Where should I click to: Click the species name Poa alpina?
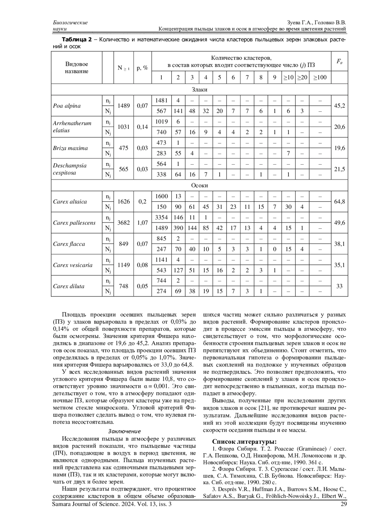tap(67, 106)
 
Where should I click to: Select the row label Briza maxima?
tap(70, 148)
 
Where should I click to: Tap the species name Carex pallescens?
tap(74, 223)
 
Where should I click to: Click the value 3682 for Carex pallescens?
tap(124, 223)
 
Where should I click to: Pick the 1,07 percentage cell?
tap(143, 223)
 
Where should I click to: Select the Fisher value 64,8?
tap(339, 202)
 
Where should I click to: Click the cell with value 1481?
tap(161, 100)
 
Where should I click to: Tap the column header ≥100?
tap(320, 78)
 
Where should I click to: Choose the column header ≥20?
tap(302, 78)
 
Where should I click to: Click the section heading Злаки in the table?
tap(199, 90)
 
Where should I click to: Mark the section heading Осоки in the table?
tap(199, 186)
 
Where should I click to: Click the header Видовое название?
tap(77, 68)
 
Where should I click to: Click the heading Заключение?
tap(124, 431)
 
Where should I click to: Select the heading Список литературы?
tap(244, 441)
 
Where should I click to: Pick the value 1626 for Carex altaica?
tap(124, 202)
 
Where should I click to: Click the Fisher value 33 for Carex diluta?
tap(339, 286)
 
